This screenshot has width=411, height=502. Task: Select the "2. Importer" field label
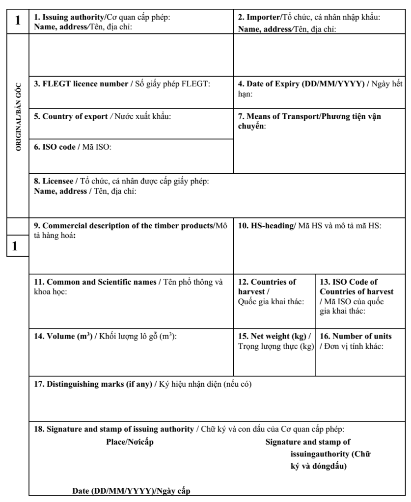pos(260,17)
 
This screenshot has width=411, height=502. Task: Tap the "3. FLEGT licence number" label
pos(82,84)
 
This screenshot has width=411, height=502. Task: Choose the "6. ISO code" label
pos(54,147)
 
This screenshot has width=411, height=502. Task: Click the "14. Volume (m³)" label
pos(62,337)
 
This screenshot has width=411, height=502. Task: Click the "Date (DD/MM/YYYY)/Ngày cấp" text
pos(128,492)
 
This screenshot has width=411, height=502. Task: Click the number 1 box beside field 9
pos(15,247)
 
